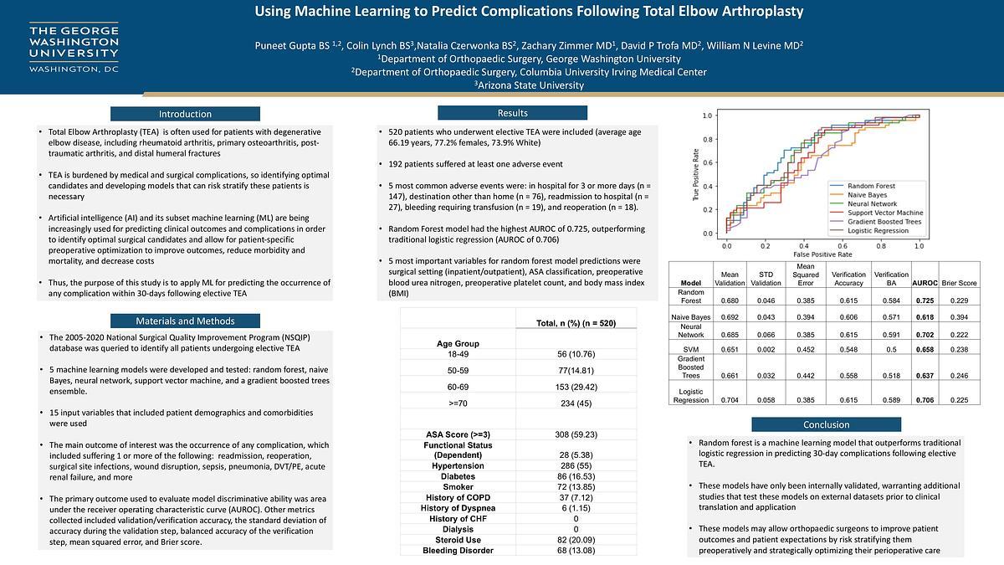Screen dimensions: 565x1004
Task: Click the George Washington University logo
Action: tap(74, 48)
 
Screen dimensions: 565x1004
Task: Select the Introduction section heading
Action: tap(186, 114)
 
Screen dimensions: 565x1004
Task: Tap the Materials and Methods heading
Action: tap(186, 321)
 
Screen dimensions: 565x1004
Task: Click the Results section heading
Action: tap(512, 113)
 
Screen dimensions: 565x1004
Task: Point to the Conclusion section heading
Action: tap(827, 424)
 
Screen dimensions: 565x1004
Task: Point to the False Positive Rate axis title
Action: tap(822, 253)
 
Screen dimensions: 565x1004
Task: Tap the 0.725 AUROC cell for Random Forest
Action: tap(924, 300)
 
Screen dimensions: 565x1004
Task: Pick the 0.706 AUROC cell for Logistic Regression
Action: tap(924, 400)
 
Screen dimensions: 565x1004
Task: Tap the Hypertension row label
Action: tap(458, 465)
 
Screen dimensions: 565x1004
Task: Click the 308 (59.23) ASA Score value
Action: tap(576, 434)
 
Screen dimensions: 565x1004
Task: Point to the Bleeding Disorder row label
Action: tap(458, 550)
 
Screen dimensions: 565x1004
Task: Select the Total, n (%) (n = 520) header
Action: tap(576, 323)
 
